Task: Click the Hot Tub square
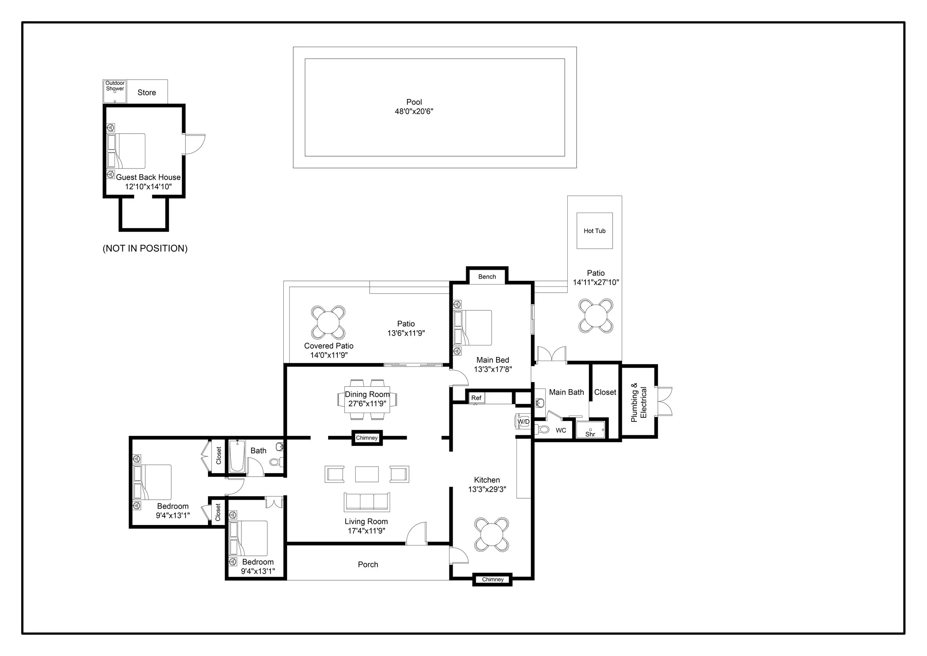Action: [594, 231]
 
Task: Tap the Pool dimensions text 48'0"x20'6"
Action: [414, 111]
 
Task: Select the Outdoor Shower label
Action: [115, 86]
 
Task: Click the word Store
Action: [146, 92]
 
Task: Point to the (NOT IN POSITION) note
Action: [145, 249]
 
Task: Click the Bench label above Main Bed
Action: [487, 277]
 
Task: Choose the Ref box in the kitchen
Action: [476, 398]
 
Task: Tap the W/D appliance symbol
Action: [523, 421]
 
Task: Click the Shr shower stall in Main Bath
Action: [591, 430]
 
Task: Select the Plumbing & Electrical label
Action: [639, 402]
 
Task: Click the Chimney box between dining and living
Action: [367, 438]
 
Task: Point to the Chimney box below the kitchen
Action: [492, 579]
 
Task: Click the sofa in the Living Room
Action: [367, 502]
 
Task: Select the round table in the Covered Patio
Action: [328, 322]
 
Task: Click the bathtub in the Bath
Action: [237, 456]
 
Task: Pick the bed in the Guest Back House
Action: [126, 151]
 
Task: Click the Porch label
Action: [368, 564]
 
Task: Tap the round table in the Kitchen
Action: [491, 534]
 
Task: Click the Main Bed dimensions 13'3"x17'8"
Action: [492, 369]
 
